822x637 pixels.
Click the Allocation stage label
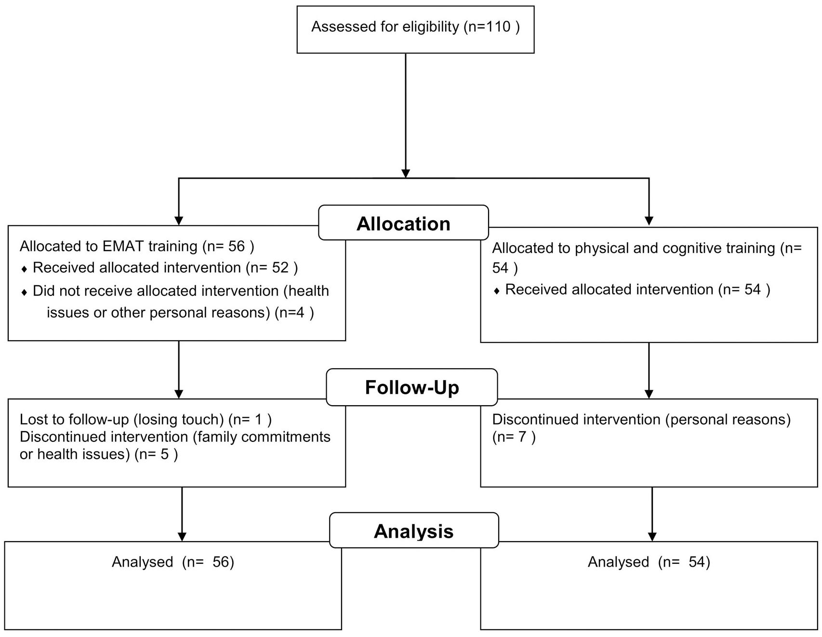coord(404,224)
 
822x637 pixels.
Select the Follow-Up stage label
coord(412,387)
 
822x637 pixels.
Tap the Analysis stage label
coord(414,531)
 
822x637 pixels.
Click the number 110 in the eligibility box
coord(497,27)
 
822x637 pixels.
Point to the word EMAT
coord(123,246)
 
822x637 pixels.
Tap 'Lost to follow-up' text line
coord(146,420)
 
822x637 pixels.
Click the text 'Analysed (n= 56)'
coord(173,562)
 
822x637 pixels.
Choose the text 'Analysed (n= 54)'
coord(649,562)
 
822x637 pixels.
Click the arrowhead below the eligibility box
coord(406,173)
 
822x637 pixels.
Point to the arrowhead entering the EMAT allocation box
coord(179,221)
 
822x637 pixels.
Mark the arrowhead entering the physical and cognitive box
coord(649,221)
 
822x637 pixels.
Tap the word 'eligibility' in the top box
coord(431,27)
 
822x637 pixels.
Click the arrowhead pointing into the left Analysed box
coord(182,537)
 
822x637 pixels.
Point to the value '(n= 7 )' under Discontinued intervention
coord(514,437)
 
